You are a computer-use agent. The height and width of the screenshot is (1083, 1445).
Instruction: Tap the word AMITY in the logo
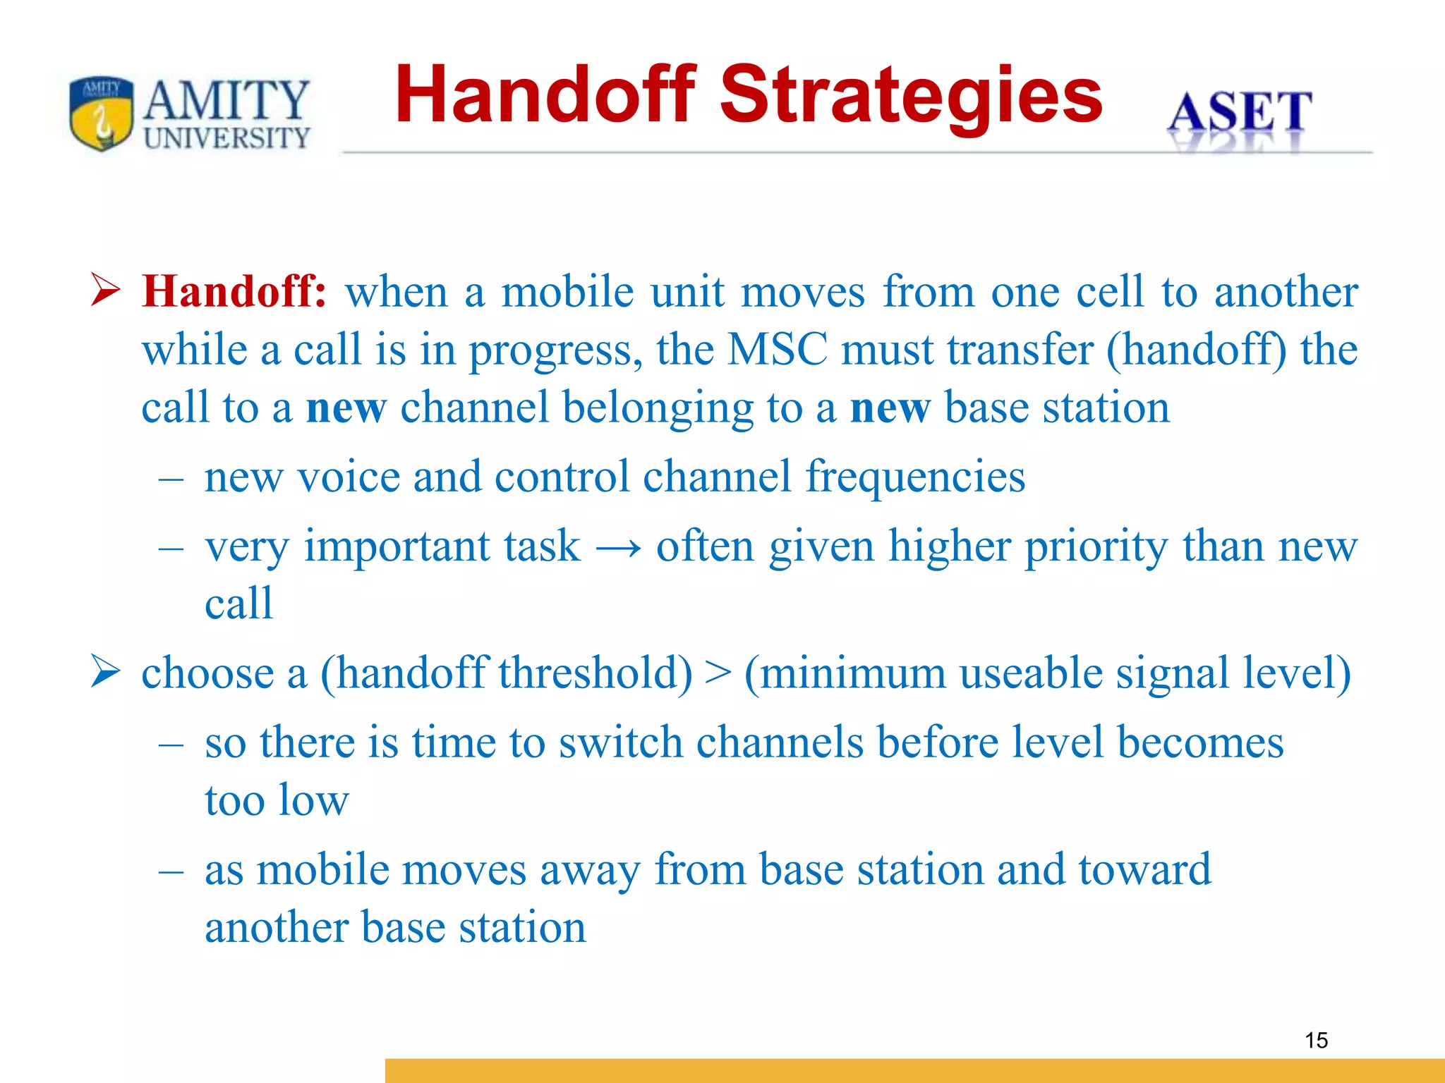coord(226,101)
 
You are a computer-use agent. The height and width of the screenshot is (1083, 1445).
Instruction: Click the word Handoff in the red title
coord(545,94)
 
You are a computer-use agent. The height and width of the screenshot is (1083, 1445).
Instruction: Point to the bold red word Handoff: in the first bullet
coord(234,291)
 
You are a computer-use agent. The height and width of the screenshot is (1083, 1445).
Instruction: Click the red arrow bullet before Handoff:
coord(106,290)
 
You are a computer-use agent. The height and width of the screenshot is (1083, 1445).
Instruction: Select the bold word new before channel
coord(346,408)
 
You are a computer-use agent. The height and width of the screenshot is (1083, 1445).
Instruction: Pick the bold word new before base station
coord(890,408)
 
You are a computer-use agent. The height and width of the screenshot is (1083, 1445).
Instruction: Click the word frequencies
coord(915,477)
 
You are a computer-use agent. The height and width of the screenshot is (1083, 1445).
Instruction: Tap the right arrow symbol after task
coord(619,547)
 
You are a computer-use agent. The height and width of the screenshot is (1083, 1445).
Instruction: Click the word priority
coord(1096,547)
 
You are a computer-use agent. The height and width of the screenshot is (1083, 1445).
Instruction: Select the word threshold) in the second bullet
coord(595,673)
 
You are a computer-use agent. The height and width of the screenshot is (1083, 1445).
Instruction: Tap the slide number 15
coord(1316,1040)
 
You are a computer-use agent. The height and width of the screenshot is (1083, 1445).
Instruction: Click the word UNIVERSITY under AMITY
coord(226,138)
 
